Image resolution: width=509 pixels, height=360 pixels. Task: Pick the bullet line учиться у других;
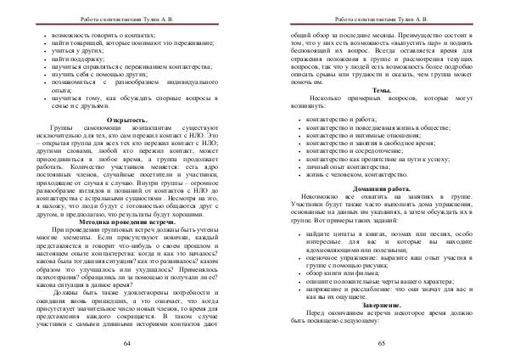[x=81, y=50]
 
